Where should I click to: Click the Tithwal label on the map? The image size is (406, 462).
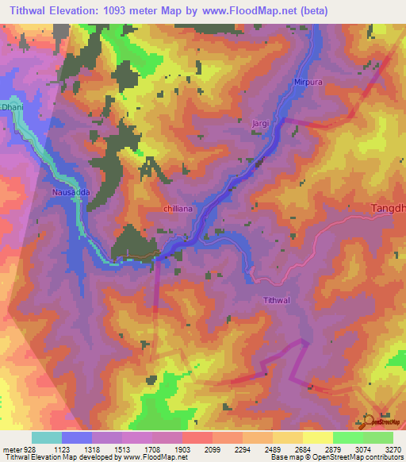coord(278,300)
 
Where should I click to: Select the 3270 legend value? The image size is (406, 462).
coord(393,449)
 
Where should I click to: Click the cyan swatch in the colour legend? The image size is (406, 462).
coord(46,437)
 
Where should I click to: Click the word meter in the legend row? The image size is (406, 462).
coord(11,449)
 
